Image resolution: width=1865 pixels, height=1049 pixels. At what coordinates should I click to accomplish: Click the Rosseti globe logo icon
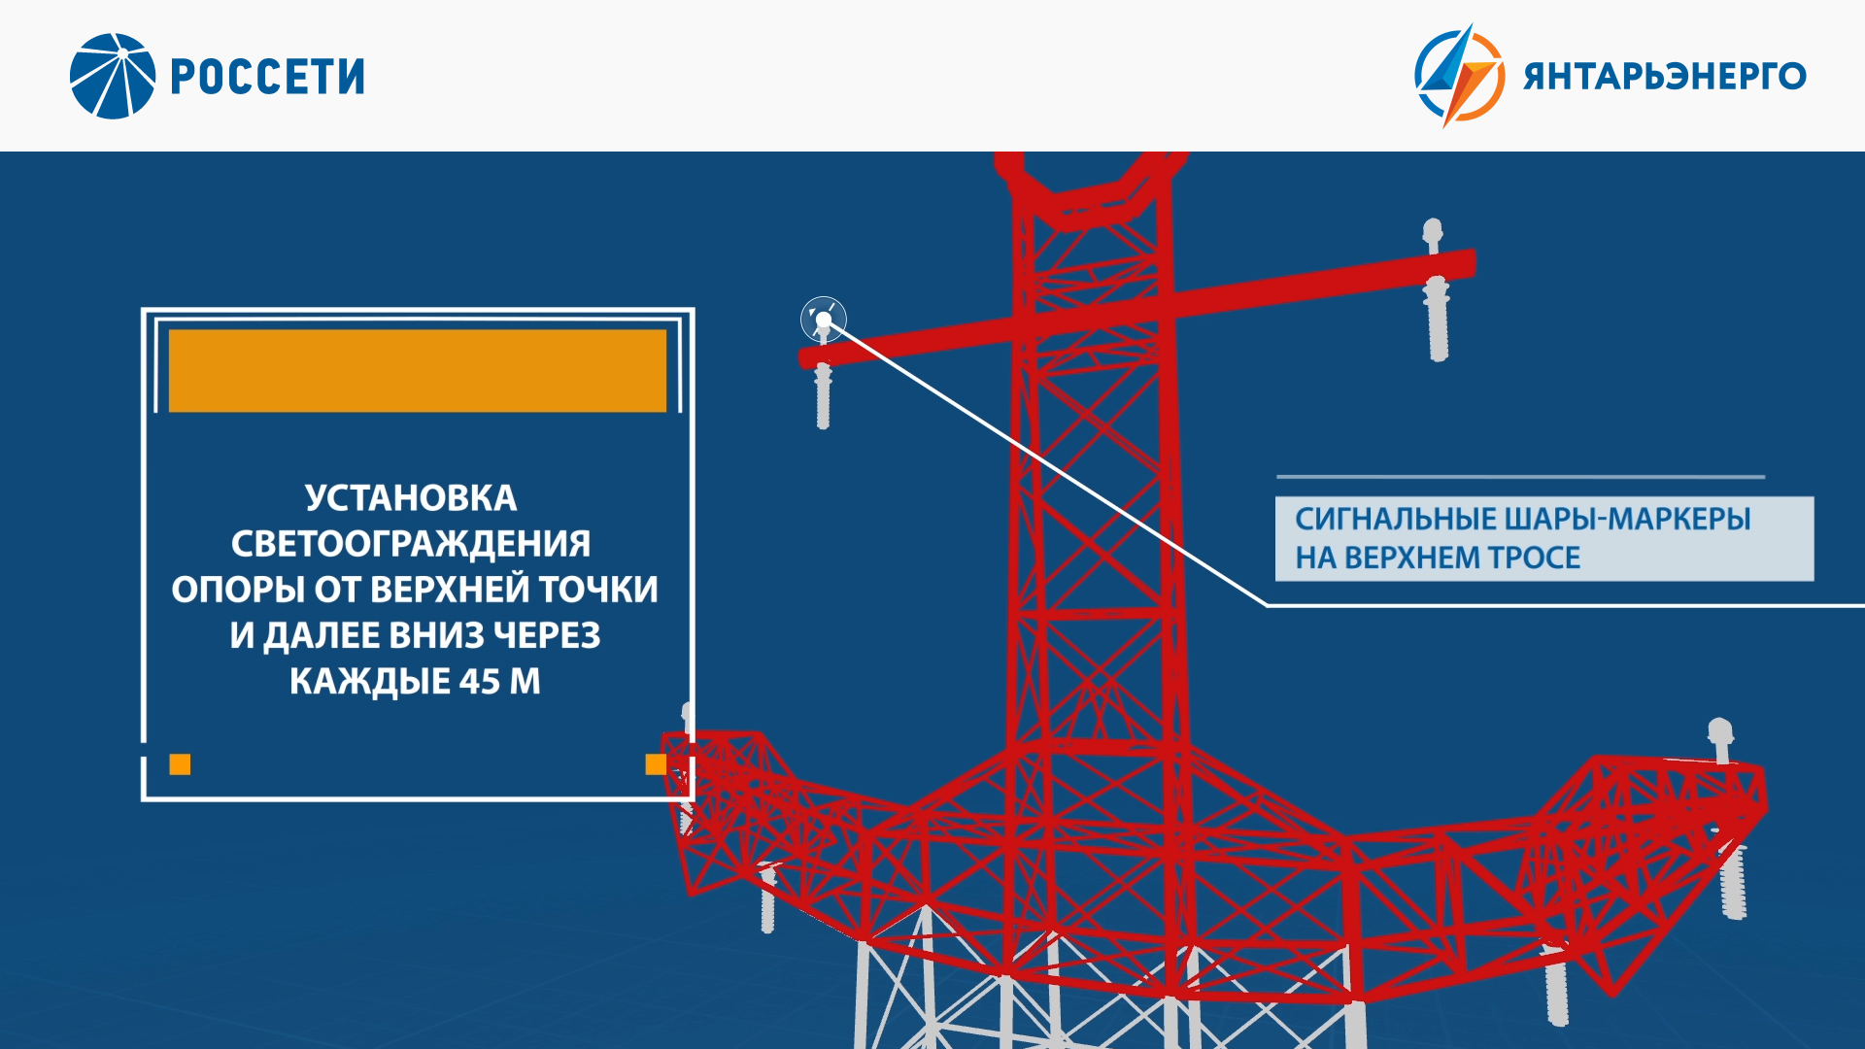[x=113, y=76]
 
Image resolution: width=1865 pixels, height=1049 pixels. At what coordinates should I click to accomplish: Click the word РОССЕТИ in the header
[x=268, y=77]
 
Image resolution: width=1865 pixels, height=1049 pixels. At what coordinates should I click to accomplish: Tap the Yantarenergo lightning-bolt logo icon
[x=1459, y=76]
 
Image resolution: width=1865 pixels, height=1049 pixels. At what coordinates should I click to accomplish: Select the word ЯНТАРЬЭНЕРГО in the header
[x=1665, y=76]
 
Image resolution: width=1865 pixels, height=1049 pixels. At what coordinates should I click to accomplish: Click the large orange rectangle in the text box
[x=418, y=370]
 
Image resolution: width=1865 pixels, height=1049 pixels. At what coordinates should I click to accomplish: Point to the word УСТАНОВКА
[x=411, y=498]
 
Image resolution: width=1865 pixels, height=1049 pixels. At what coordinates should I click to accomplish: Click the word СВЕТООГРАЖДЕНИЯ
[x=411, y=544]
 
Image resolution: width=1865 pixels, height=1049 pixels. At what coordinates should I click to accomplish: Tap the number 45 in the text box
[x=480, y=682]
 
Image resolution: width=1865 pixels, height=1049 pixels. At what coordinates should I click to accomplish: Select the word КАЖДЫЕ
[x=370, y=682]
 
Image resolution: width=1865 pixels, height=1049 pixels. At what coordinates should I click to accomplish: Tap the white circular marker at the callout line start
[x=824, y=319]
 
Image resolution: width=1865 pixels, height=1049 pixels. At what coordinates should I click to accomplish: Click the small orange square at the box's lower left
[x=180, y=764]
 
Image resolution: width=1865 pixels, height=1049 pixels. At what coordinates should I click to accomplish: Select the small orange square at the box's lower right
[x=656, y=764]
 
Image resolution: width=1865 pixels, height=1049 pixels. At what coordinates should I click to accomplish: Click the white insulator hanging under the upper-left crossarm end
[x=823, y=395]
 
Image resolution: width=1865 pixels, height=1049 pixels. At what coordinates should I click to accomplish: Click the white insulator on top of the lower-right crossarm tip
[x=1720, y=740]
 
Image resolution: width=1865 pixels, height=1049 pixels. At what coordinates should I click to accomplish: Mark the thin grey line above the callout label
[x=1520, y=477]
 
